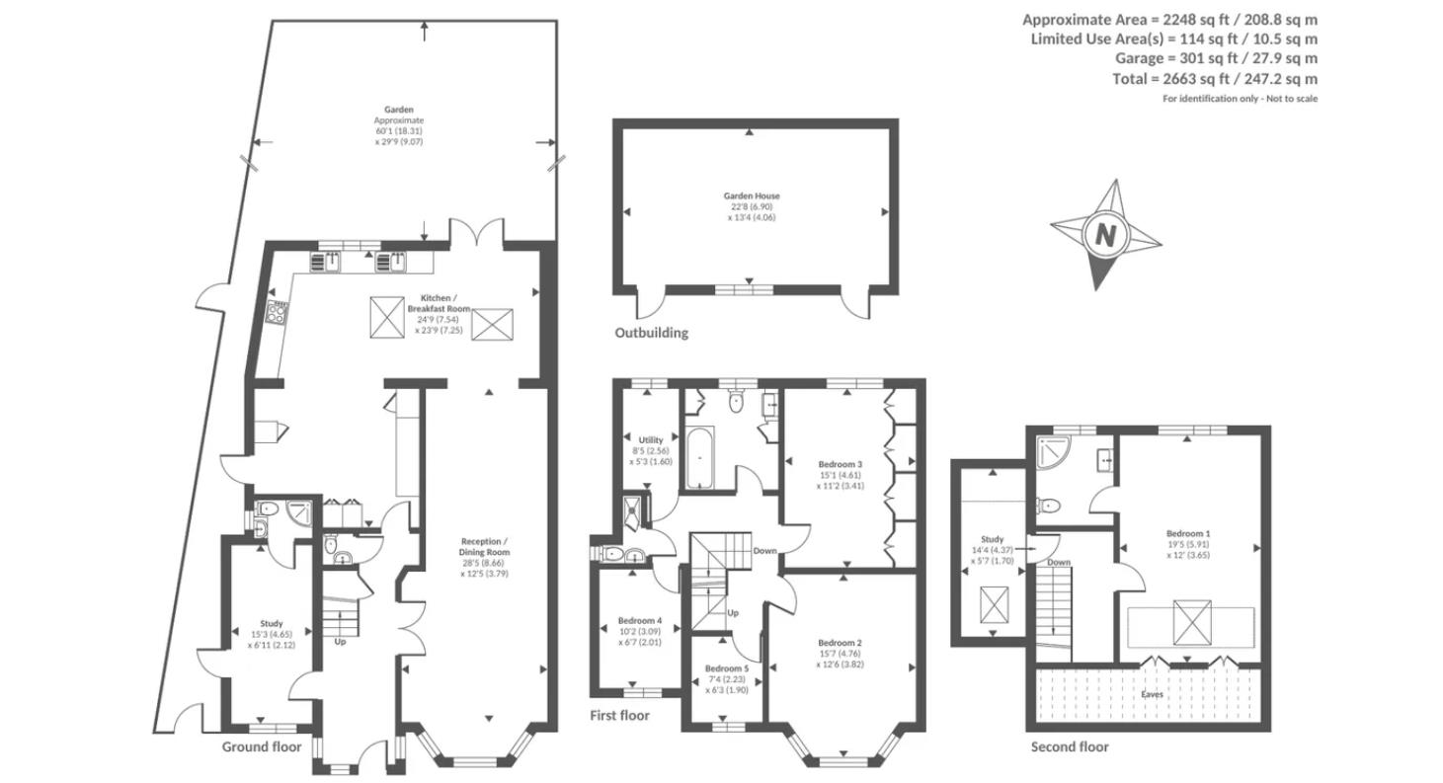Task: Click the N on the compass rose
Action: pos(1105,236)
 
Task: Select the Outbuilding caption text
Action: pos(651,333)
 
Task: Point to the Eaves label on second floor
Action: pos(1152,695)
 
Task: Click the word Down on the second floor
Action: pos(1058,563)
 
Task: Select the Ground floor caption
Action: pos(261,746)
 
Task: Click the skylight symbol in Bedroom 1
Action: pos(1191,622)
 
